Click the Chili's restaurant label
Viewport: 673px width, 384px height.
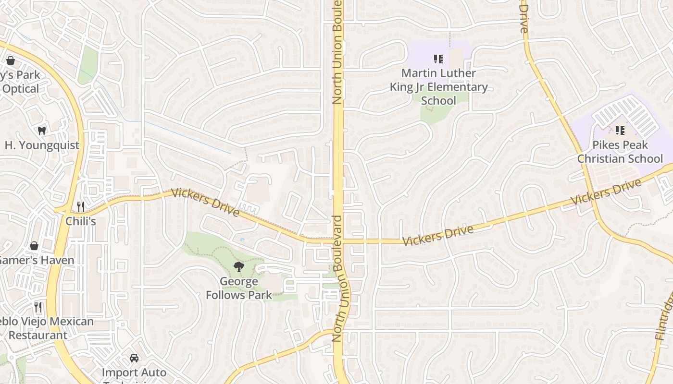[81, 221]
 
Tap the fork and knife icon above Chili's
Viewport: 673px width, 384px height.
[81, 207]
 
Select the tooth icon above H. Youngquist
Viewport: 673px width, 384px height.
[42, 131]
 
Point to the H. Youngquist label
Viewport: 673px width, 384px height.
[42, 145]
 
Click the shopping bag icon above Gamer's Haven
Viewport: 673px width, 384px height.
[34, 246]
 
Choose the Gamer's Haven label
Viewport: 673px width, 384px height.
[37, 260]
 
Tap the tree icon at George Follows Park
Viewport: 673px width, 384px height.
[238, 267]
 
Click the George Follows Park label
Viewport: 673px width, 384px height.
[239, 288]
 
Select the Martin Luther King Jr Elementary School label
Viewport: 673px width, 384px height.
[438, 87]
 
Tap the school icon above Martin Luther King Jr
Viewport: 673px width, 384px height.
[438, 59]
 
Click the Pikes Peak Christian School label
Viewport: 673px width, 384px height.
[620, 152]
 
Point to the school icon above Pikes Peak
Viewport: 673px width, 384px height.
[620, 131]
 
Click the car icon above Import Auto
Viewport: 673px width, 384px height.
[134, 358]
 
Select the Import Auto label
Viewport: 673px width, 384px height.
[134, 372]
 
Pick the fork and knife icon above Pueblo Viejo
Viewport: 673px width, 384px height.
[38, 307]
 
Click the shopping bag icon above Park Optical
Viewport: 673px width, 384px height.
[10, 60]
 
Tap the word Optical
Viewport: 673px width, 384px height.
[21, 89]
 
